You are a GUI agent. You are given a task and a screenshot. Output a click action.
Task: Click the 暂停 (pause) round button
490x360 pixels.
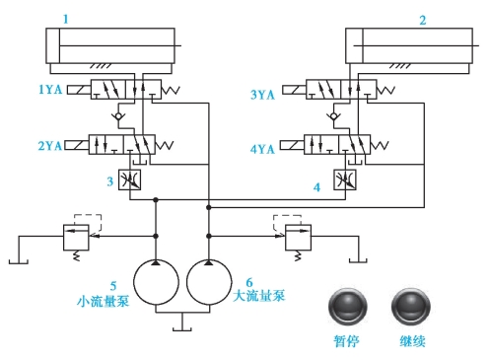[347, 307]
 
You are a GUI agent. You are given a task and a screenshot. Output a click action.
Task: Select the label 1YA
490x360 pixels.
[50, 89]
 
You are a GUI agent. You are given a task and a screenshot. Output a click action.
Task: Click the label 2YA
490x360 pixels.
[50, 146]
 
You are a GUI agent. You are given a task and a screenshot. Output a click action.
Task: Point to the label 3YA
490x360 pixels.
[262, 95]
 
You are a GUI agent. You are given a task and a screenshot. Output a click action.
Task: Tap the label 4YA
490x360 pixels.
[262, 150]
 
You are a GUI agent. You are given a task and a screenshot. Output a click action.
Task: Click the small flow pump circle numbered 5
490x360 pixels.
[156, 282]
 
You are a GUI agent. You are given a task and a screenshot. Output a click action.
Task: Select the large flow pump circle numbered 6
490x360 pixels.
[209, 282]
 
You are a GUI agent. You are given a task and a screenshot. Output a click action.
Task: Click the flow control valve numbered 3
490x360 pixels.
[129, 180]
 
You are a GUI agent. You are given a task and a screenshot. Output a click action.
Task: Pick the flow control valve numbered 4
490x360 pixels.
[345, 180]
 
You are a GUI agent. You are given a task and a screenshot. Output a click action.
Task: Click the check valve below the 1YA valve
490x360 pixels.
[118, 116]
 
